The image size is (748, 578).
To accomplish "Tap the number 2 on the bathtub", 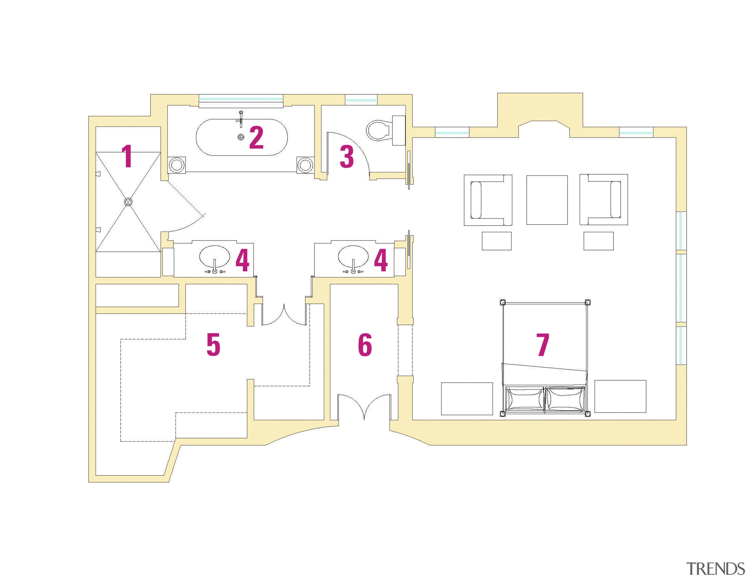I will pyautogui.click(x=256, y=137).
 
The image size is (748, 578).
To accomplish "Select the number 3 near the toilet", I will pyautogui.click(x=347, y=157).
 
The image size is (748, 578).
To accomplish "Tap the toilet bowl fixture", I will pyautogui.click(x=378, y=130).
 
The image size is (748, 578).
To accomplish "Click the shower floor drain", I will pyautogui.click(x=128, y=202).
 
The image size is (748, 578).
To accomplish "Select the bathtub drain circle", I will pyautogui.click(x=241, y=137).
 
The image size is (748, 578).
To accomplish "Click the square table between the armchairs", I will pyautogui.click(x=547, y=200).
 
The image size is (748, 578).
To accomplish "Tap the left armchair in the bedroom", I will pyautogui.click(x=488, y=200).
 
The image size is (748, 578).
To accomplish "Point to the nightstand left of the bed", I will pyautogui.click(x=467, y=399).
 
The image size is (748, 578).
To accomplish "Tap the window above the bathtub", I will pyautogui.click(x=241, y=100).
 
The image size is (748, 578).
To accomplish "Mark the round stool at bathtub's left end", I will pyautogui.click(x=177, y=165).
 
